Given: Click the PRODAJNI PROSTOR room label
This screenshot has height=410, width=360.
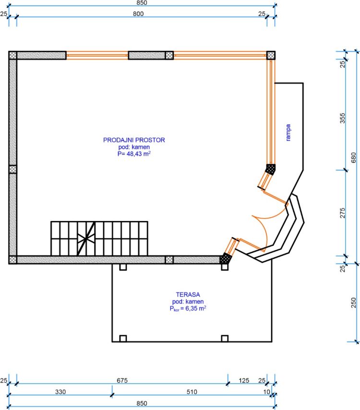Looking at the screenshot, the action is coord(134,140).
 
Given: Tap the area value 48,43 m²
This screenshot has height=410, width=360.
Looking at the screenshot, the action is coord(139,153).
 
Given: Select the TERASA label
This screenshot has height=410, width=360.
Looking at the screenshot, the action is coord(188,294).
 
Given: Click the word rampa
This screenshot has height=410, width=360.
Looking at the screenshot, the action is coord(288,132).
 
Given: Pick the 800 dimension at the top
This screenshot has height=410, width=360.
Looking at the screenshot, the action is coord(138,14).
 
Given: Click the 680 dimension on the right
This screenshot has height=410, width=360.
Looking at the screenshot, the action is coord(353,158).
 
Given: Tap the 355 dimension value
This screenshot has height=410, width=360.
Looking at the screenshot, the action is coord(342,118).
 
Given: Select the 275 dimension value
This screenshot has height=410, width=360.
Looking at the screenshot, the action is coord(342,213).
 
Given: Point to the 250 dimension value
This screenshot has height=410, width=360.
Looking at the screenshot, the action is coord(353,303).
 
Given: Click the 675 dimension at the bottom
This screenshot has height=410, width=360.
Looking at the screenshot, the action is coord(122,380).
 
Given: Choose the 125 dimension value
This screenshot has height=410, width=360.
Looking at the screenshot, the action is coord(244,380).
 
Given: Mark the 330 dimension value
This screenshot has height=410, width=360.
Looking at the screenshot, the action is coord(60,392).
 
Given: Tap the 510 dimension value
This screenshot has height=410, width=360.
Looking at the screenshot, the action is coord(192,392).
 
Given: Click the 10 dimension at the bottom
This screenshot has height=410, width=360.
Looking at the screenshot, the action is coord(266,392).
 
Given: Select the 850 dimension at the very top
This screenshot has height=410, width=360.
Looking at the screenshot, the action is coord(142,3).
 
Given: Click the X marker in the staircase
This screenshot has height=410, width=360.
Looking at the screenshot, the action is coord(85,238).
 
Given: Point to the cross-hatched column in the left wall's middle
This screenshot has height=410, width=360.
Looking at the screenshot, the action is coord(13,169).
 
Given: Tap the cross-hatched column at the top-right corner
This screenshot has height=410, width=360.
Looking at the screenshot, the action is coord(271,56).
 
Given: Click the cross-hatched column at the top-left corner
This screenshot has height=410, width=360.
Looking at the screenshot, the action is coord(13,56).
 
